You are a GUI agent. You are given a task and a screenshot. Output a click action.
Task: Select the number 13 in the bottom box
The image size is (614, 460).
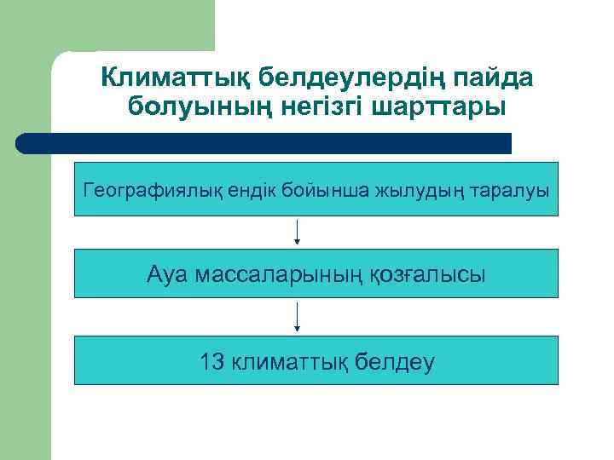212,362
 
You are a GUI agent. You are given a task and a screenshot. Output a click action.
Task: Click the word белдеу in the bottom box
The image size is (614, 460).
397,362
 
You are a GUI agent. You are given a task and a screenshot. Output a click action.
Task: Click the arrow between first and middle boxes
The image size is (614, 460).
297,233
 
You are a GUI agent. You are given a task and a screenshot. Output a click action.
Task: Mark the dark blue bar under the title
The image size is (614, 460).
264,143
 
